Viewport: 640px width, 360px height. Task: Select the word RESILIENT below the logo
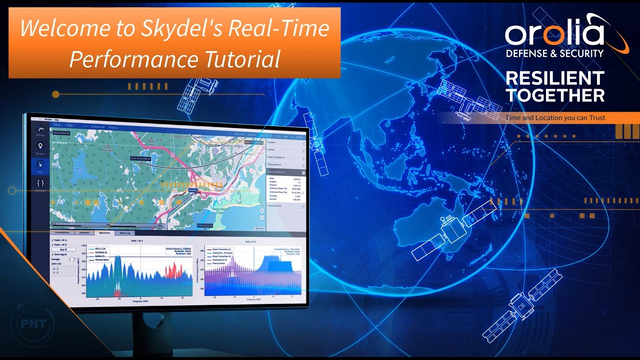pyautogui.click(x=555, y=78)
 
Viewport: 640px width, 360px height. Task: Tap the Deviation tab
pyautogui.click(x=83, y=232)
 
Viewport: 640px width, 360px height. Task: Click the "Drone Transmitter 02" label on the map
pyautogui.click(x=140, y=158)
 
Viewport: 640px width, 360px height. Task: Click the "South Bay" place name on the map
pyautogui.click(x=200, y=136)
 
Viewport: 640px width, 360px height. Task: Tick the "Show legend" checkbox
pyautogui.click(x=53, y=254)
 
